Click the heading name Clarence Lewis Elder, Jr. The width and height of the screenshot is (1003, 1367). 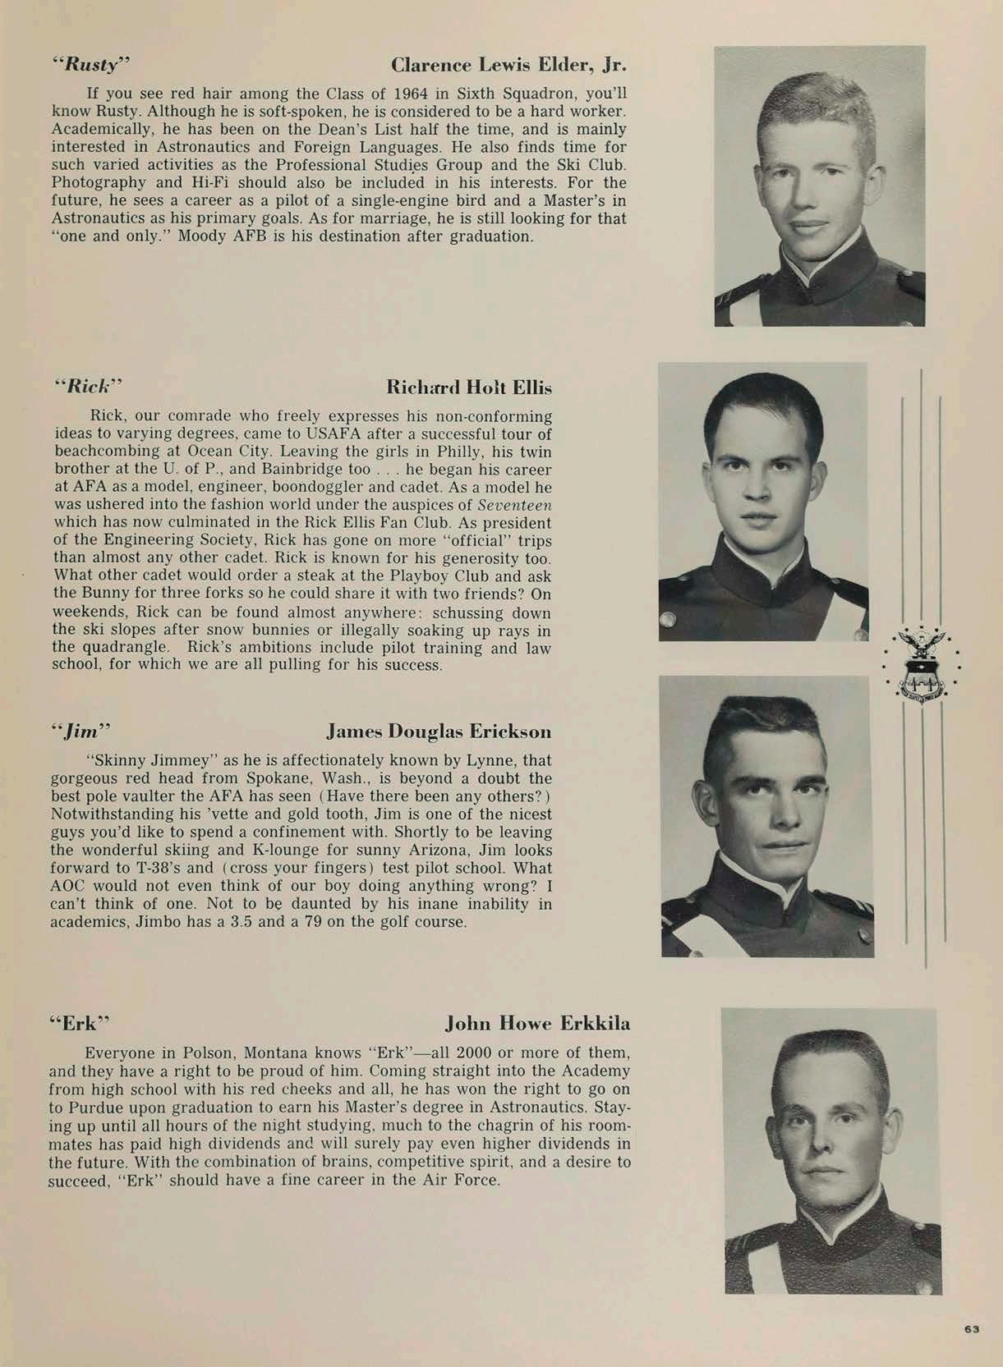tap(509, 65)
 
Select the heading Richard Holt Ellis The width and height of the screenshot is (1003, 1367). tap(468, 388)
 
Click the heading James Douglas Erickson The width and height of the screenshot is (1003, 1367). tap(439, 731)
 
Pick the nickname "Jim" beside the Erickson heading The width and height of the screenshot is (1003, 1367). tap(81, 730)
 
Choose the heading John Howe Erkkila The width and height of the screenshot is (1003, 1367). tap(537, 1023)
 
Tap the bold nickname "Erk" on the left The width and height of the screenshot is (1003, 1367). tap(79, 1024)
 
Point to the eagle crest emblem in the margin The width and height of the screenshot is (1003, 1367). tap(920, 664)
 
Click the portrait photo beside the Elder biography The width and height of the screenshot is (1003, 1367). tap(819, 186)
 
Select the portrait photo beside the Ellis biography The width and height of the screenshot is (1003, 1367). tap(762, 502)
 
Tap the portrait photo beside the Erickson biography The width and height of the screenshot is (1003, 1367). tap(766, 816)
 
